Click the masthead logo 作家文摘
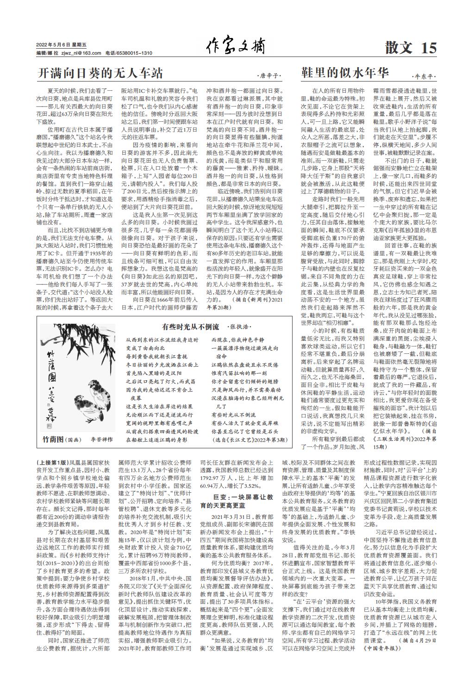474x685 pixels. coord(236,47)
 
